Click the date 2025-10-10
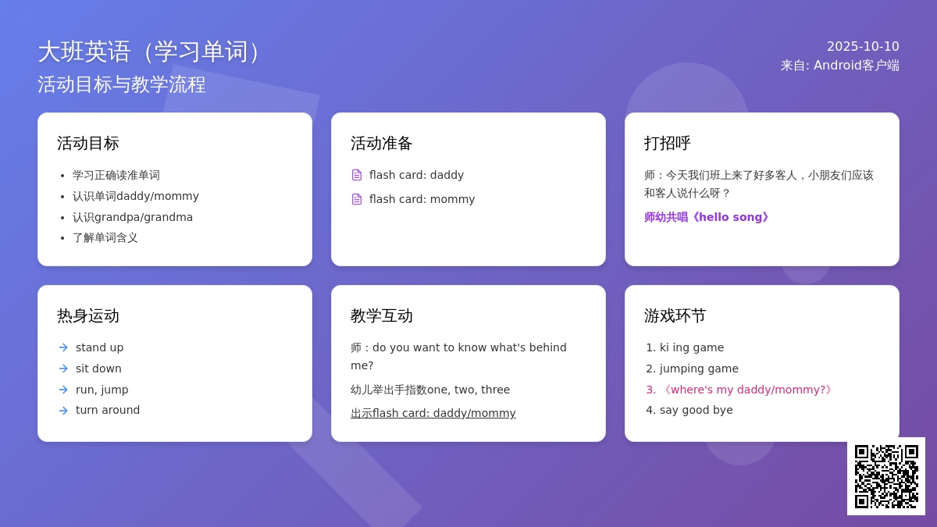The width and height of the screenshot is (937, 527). tap(863, 46)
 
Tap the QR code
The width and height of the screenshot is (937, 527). tap(886, 476)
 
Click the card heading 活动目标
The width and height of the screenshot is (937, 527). tap(88, 143)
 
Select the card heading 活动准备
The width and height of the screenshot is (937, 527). tap(382, 143)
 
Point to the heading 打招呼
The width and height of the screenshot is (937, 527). tap(667, 143)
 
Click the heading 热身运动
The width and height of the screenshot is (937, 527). tap(88, 315)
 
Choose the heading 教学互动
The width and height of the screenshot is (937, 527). tap(382, 315)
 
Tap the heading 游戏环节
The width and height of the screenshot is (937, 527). tap(675, 315)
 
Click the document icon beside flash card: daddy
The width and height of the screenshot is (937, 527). tap(357, 175)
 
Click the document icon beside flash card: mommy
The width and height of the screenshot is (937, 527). tap(357, 199)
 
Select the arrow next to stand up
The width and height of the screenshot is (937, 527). tap(63, 347)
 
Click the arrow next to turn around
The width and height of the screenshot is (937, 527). tap(63, 411)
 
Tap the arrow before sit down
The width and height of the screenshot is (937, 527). tap(63, 369)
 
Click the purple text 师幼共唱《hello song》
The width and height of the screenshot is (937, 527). tap(707, 217)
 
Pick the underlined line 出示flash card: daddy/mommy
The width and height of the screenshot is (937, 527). tap(433, 413)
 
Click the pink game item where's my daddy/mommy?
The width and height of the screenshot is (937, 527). tap(739, 390)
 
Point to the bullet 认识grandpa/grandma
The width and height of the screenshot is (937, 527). tap(133, 218)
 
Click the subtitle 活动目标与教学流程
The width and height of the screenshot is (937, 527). tap(122, 84)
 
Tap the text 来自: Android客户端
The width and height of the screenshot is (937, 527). tap(840, 66)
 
